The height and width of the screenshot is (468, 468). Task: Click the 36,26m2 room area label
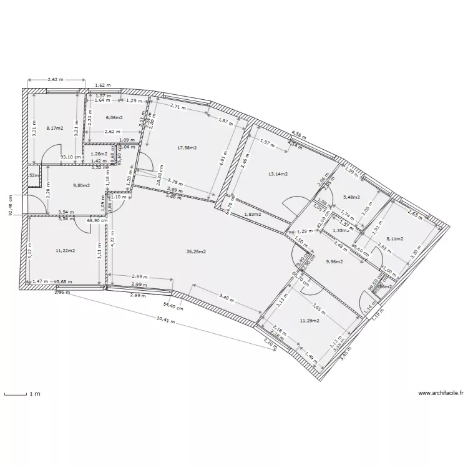[196, 251]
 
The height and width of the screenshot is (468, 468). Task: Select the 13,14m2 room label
[277, 174]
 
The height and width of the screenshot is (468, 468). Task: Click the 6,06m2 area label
[114, 117]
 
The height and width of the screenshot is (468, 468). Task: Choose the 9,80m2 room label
[82, 185]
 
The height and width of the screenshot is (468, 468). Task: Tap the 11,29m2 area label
[310, 321]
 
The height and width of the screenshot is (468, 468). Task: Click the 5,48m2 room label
[353, 198]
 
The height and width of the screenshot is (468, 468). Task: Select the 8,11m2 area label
[396, 238]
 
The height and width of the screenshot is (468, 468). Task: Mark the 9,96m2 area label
[334, 261]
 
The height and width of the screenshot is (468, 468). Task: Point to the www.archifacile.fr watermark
[441, 393]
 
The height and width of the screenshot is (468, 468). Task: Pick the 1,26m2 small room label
[99, 154]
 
